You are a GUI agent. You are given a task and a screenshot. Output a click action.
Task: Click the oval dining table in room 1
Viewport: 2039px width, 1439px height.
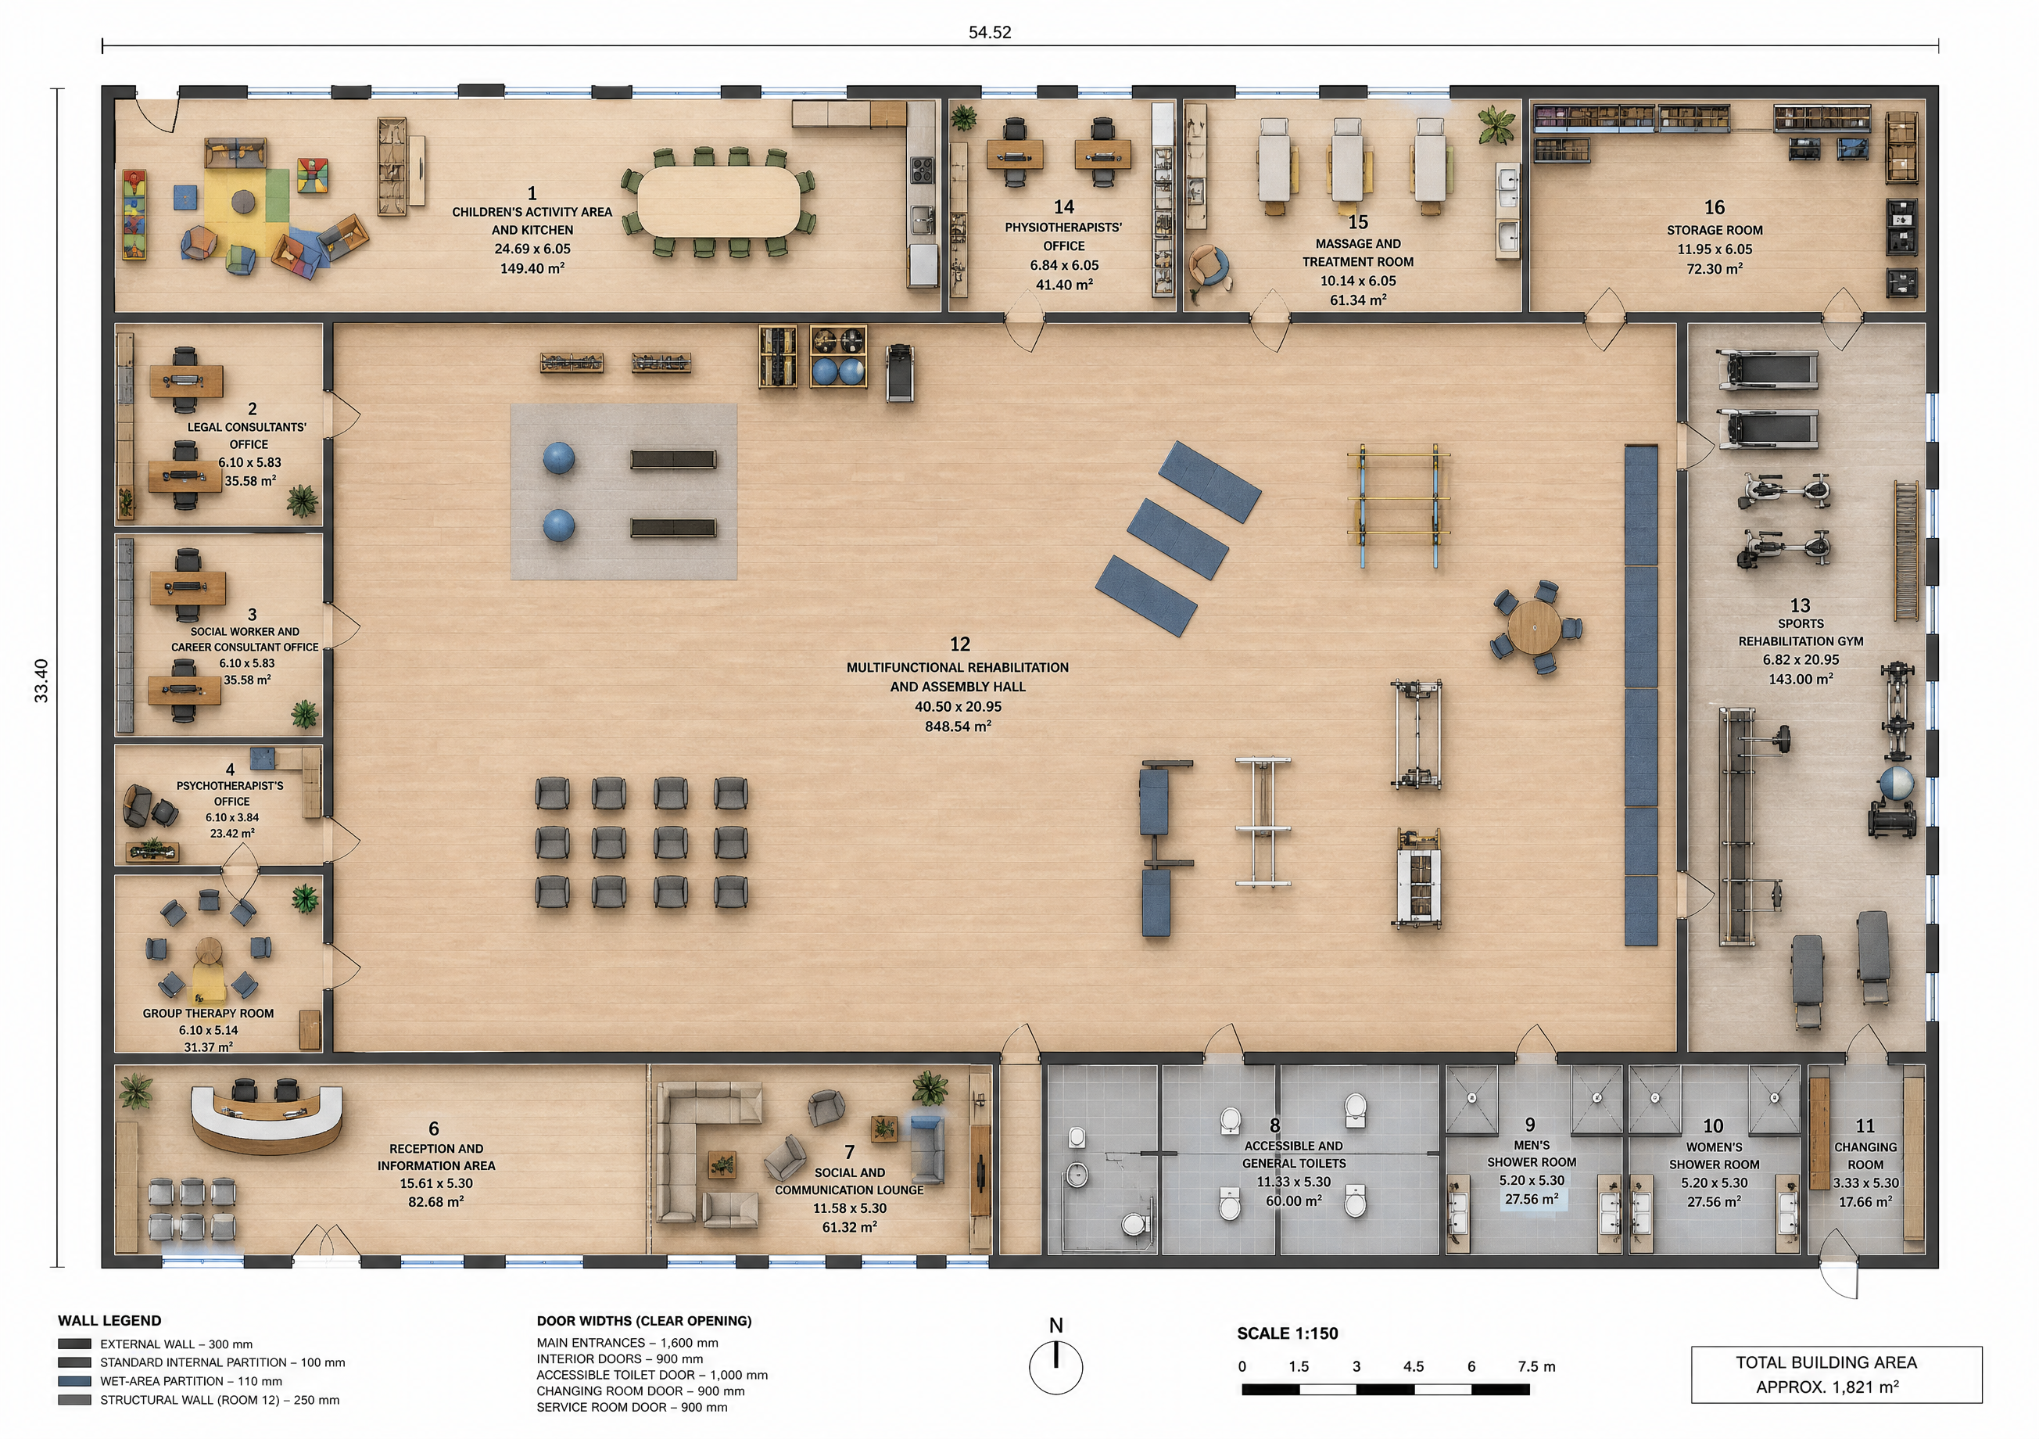(x=718, y=202)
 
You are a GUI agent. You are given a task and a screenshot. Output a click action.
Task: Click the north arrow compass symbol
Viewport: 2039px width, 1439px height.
(x=1056, y=1366)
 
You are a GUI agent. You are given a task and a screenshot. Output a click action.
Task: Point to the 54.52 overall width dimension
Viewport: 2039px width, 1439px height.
(x=989, y=33)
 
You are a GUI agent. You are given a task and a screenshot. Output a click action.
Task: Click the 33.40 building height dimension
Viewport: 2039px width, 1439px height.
(x=41, y=680)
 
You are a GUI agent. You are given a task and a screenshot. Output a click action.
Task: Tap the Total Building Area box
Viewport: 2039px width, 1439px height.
(x=1836, y=1374)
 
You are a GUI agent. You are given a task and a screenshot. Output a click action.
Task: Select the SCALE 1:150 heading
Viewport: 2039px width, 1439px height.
(x=1287, y=1333)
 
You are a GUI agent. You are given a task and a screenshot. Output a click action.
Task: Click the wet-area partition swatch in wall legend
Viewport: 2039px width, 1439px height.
(x=74, y=1381)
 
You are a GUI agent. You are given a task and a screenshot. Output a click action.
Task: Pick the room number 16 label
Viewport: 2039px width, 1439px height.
(x=1714, y=207)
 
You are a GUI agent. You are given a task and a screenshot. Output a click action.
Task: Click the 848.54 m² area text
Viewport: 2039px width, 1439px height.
(x=959, y=727)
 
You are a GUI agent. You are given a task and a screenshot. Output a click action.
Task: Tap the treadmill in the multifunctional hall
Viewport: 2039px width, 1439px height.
(x=900, y=372)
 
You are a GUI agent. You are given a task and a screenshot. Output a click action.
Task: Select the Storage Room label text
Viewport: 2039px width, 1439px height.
(x=1714, y=230)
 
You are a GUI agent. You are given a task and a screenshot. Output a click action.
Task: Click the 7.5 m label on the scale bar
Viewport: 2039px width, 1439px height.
(x=1536, y=1366)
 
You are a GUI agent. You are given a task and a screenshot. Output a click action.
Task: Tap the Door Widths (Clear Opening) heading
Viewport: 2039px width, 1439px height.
(x=644, y=1321)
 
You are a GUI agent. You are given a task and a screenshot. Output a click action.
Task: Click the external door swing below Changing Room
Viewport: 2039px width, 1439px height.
(x=1837, y=1276)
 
